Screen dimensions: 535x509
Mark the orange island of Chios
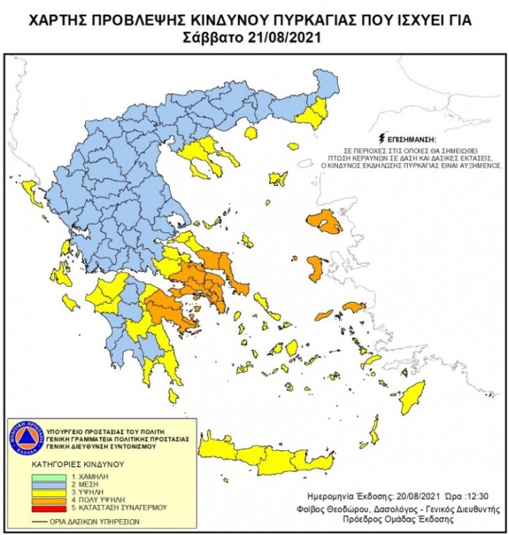tap(315, 268)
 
